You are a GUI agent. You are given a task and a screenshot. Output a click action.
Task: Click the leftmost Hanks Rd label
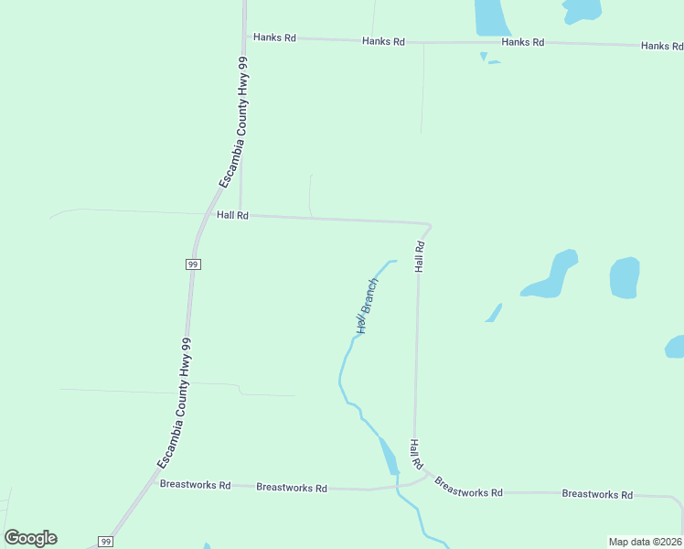275,38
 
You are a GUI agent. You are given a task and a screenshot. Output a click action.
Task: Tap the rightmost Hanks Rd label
662,46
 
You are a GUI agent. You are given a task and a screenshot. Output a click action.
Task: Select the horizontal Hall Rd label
233,215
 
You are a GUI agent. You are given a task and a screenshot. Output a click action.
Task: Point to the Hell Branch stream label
367,306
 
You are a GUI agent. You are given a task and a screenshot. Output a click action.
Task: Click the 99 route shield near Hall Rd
193,264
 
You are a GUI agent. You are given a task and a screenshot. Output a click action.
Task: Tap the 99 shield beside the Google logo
106,542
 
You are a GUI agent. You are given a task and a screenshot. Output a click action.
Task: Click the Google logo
30,538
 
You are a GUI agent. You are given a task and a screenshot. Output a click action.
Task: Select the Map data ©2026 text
645,542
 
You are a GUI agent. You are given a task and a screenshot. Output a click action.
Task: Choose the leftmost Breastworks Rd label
195,484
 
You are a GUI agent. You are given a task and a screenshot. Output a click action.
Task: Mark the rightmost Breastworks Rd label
597,494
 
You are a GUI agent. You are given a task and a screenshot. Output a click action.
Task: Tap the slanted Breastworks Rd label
468,487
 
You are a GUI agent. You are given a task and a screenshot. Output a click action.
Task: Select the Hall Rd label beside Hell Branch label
420,257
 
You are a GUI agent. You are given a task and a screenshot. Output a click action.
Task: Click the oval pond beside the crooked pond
624,277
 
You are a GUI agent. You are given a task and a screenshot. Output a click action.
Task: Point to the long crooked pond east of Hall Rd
553,276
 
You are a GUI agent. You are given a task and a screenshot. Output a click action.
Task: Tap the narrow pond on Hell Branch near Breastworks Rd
389,455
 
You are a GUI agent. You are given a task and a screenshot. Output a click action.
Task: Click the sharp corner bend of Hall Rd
428,225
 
